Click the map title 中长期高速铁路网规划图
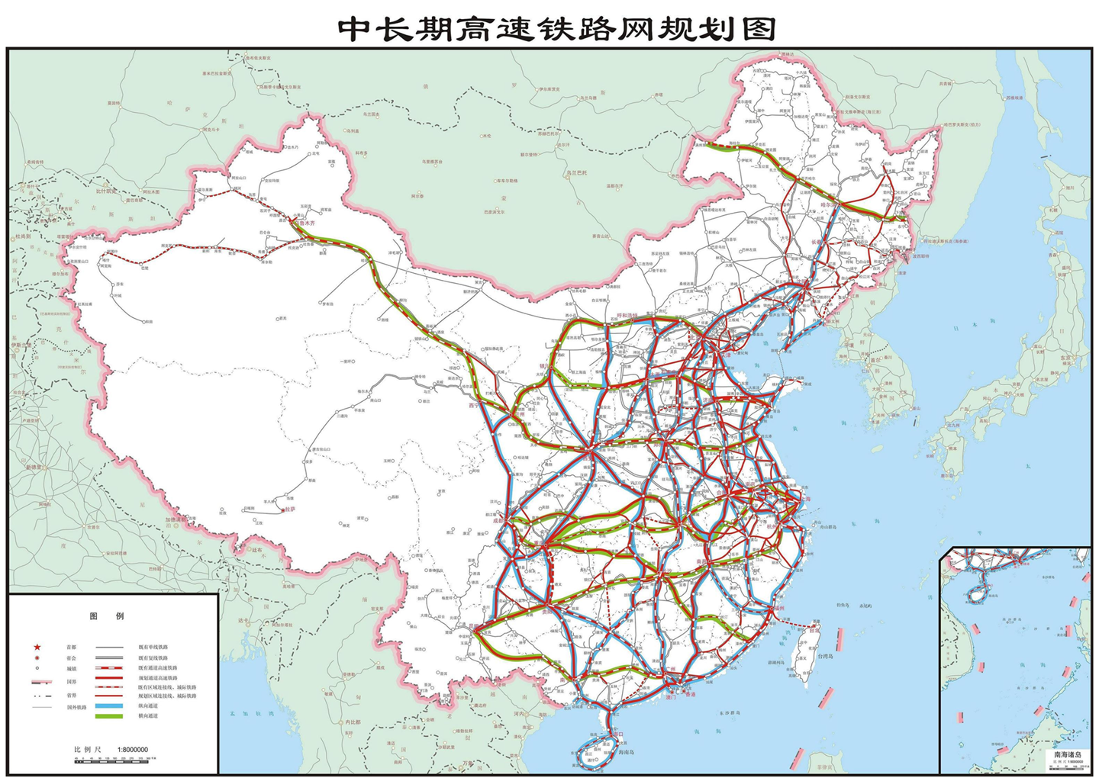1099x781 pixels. tap(557, 28)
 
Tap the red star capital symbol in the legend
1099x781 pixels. tap(37, 647)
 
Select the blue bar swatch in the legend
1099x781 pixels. tap(108, 706)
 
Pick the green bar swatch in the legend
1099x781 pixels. tap(108, 716)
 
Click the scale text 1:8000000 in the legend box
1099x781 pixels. tap(132, 750)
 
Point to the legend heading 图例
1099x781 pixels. tap(107, 616)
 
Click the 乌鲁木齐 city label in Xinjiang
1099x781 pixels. tap(302, 223)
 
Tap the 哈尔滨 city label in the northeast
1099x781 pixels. tap(826, 204)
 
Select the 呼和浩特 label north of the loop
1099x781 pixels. tap(627, 315)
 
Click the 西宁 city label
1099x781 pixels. tap(475, 406)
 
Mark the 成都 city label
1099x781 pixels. tap(498, 521)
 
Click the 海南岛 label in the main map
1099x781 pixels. tap(626, 753)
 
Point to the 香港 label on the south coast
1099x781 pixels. tap(688, 695)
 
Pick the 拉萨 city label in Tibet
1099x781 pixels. tap(288, 509)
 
